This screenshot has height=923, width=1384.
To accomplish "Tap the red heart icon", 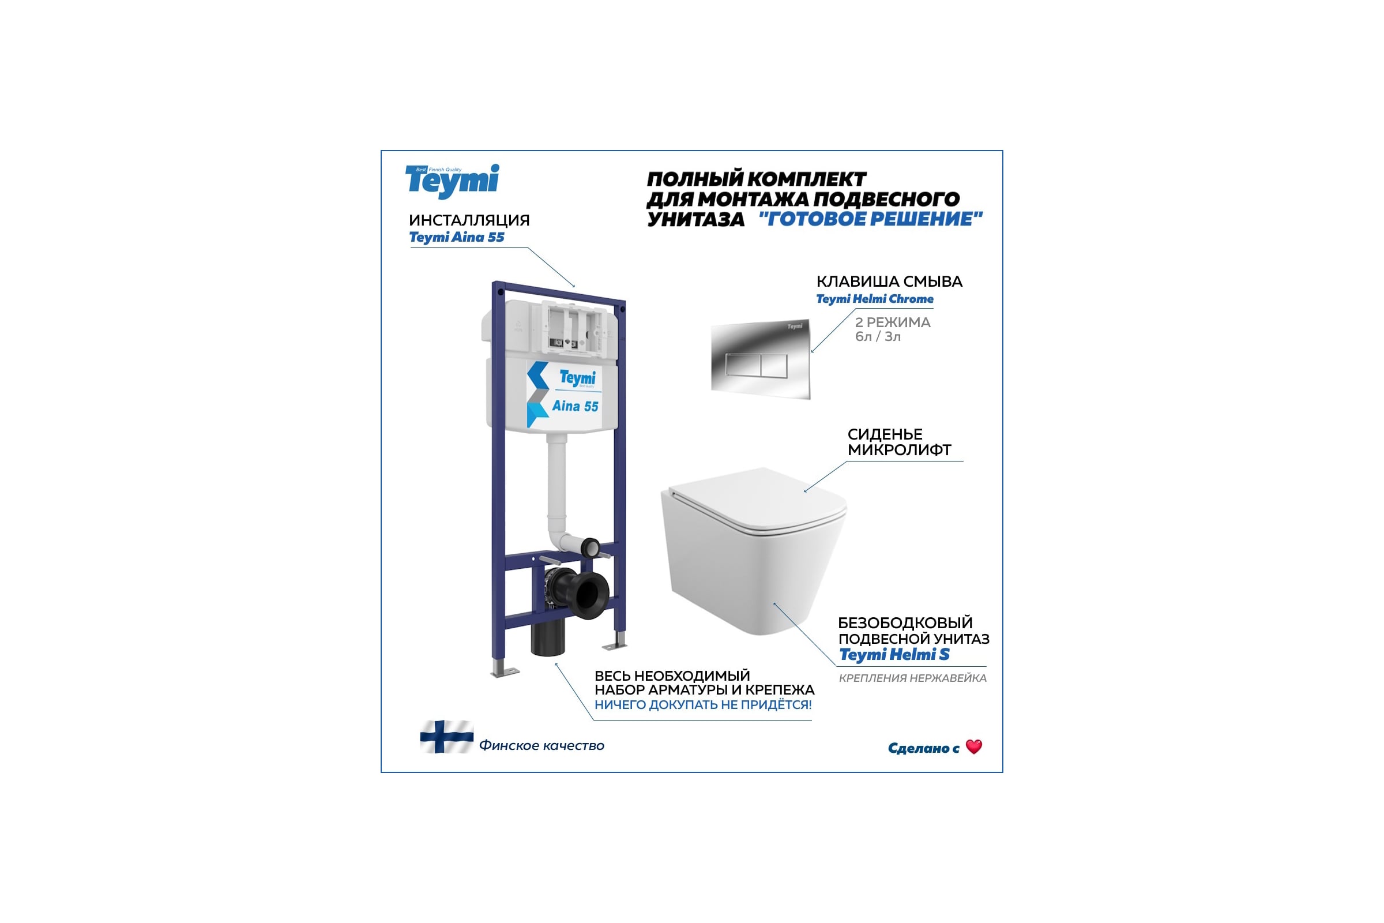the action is coord(974,746).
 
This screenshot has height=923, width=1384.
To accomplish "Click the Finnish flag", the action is coord(446,737).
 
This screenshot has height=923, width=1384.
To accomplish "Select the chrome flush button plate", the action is coord(760,359).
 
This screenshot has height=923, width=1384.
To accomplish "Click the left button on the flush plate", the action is coord(743,365).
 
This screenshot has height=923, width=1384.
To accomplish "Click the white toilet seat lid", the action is coord(759,499).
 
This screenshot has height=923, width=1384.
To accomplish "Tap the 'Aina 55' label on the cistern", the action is coord(575,406).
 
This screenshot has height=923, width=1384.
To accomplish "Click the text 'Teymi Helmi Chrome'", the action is coord(874,298).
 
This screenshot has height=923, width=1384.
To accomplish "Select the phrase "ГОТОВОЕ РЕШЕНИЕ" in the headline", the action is coord(870,219).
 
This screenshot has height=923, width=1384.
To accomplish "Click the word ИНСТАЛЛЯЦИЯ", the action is coord(469,220).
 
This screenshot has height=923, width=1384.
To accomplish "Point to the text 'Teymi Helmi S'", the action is coord(894,655).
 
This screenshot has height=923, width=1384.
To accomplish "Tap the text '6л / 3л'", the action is coord(877,337).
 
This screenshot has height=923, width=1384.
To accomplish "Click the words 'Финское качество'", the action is coord(541,745).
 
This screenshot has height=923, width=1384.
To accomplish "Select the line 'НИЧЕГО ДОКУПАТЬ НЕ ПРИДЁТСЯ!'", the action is coord(702,704).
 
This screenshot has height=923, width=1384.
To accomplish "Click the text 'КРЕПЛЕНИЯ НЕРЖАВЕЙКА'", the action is coord(912,678).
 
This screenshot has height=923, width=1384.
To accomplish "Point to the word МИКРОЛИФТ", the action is coord(899,450).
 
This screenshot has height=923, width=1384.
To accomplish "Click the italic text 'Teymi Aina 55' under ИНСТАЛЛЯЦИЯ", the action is coord(457,237).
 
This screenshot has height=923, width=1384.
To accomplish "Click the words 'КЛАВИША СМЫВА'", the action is coord(889,282).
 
